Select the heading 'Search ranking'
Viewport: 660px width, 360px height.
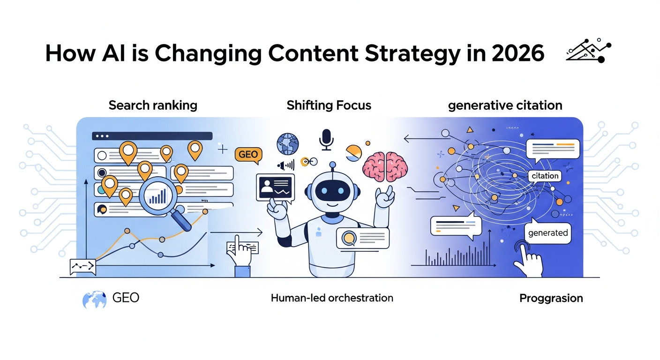coord(153,105)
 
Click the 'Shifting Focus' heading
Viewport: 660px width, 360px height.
coord(329,105)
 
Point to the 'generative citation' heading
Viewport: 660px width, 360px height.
coord(505,105)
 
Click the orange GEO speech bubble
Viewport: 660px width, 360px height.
coord(248,154)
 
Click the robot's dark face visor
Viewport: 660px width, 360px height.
coord(332,191)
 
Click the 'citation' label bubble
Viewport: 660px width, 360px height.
coord(545,176)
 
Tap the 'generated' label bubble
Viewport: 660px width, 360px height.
coord(547,233)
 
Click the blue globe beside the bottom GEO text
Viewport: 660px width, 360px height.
coord(94,299)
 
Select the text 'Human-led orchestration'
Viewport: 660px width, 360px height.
coord(331,298)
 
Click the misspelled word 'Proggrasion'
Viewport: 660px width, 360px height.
coord(551,298)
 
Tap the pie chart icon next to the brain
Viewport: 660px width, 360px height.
coord(355,153)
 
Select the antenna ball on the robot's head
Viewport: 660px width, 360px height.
coord(332,165)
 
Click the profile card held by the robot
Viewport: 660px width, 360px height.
coord(275,188)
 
